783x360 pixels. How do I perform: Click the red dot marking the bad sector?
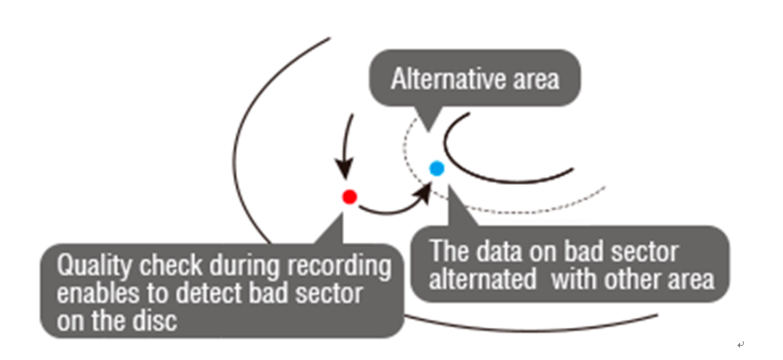tap(349, 196)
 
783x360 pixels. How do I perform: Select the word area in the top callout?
tap(538, 80)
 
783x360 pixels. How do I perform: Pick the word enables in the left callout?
tap(93, 293)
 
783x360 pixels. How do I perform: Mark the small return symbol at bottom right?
tap(741, 344)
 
